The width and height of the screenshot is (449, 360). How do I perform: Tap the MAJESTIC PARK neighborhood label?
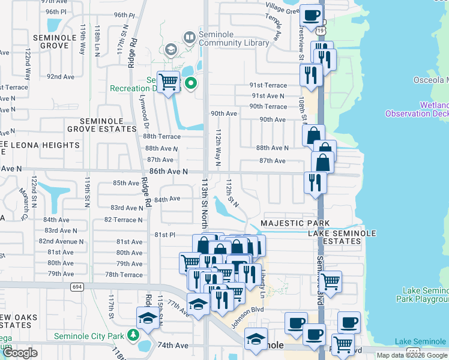coord(287,223)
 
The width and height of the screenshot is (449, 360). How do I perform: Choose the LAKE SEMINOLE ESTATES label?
coord(342,238)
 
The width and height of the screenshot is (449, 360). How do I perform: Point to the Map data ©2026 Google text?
coord(412,355)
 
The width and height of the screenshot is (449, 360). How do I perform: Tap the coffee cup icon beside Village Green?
coord(310,15)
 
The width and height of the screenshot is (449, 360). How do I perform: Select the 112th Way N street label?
coord(218,147)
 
